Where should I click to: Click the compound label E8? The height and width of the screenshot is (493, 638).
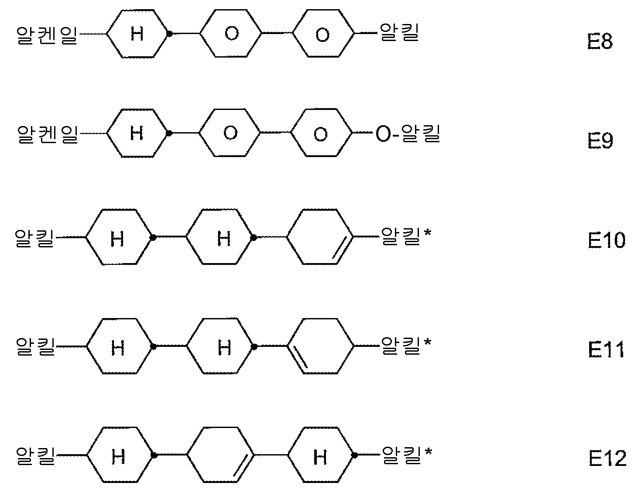point(600,42)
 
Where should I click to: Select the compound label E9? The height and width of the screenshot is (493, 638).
point(600,141)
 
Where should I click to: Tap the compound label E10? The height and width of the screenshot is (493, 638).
point(607,240)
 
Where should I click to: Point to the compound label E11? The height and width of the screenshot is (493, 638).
point(606,349)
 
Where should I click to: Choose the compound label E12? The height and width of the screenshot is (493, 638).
point(607,459)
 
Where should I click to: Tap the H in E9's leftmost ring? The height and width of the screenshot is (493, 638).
point(137,133)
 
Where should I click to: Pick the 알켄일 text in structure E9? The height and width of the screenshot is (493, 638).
point(48,135)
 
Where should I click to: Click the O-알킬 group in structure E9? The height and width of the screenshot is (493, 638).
point(408,134)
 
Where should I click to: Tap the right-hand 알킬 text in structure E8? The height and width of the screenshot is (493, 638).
point(399,33)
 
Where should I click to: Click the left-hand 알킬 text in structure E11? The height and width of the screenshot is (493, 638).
point(36,346)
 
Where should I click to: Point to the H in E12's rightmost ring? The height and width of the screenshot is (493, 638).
point(320,457)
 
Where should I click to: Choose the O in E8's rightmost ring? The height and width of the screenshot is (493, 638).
point(322,35)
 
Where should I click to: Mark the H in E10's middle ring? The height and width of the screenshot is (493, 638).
point(224,238)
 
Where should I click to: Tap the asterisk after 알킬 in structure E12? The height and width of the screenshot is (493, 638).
point(429,451)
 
